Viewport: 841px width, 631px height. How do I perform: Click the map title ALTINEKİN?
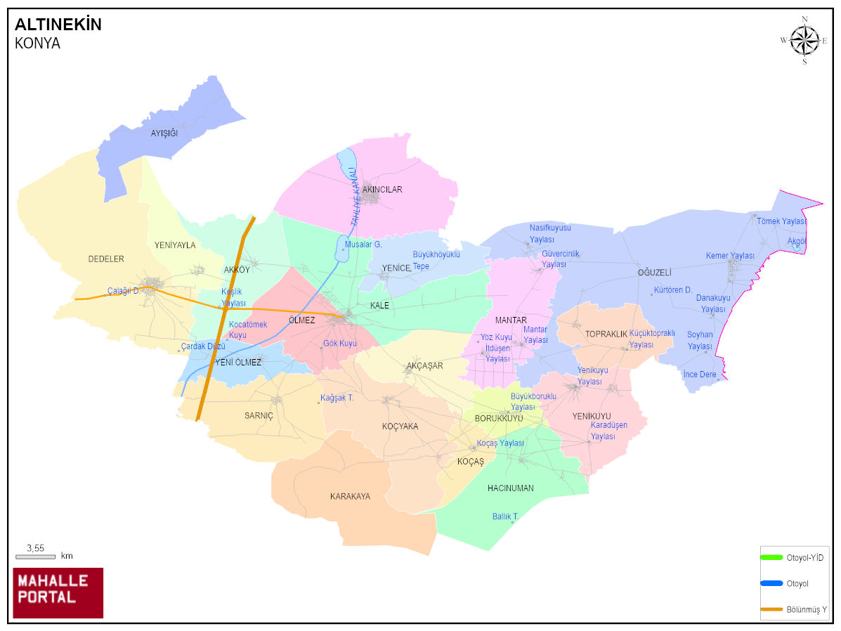[58, 25]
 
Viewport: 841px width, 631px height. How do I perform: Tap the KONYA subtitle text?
[37, 44]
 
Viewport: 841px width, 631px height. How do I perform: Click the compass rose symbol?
[804, 40]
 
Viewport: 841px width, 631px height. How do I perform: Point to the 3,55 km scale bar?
[35, 556]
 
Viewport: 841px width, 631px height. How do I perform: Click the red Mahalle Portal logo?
[58, 592]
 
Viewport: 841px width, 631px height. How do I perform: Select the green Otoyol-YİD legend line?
[771, 557]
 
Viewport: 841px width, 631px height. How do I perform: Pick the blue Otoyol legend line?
[771, 583]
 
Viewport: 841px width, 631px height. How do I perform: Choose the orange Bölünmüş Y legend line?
[771, 609]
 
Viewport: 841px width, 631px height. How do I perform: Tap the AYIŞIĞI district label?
[164, 133]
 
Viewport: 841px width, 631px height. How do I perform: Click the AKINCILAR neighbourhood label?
[382, 190]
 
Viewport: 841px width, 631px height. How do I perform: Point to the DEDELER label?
[106, 259]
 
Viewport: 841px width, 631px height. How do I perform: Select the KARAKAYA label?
[350, 497]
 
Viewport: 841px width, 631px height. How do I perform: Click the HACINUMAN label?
[511, 488]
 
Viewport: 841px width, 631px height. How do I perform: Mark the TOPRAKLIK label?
[606, 334]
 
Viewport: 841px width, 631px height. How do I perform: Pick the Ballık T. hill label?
[505, 516]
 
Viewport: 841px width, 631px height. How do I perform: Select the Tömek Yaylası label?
[781, 221]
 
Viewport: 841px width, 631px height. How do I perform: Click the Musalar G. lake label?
[363, 245]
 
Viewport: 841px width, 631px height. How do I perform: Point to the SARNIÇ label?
[259, 415]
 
